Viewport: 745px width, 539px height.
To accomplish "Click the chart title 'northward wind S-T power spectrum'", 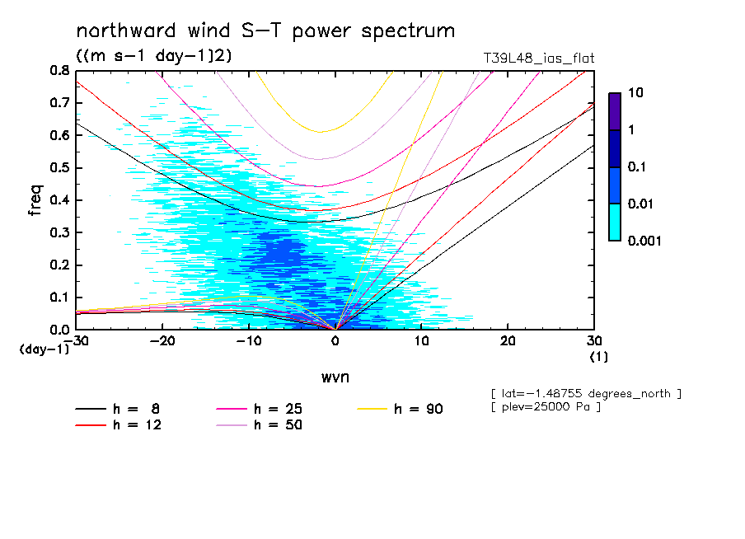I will pos(265,31).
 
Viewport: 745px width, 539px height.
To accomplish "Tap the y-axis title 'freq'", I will pos(35,200).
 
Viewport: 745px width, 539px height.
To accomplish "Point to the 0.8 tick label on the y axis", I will pos(58,71).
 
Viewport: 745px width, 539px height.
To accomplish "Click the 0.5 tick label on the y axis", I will pos(58,168).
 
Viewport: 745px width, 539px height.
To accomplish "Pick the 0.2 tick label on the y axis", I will pos(58,265).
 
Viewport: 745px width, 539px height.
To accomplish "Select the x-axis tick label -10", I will pos(248,342).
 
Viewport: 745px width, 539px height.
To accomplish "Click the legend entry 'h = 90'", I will pos(416,409).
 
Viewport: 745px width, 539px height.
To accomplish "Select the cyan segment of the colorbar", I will pos(614,222).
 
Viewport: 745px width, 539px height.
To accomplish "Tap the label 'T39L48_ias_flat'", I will pos(538,58).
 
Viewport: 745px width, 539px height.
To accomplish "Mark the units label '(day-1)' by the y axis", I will pos(43,349).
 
